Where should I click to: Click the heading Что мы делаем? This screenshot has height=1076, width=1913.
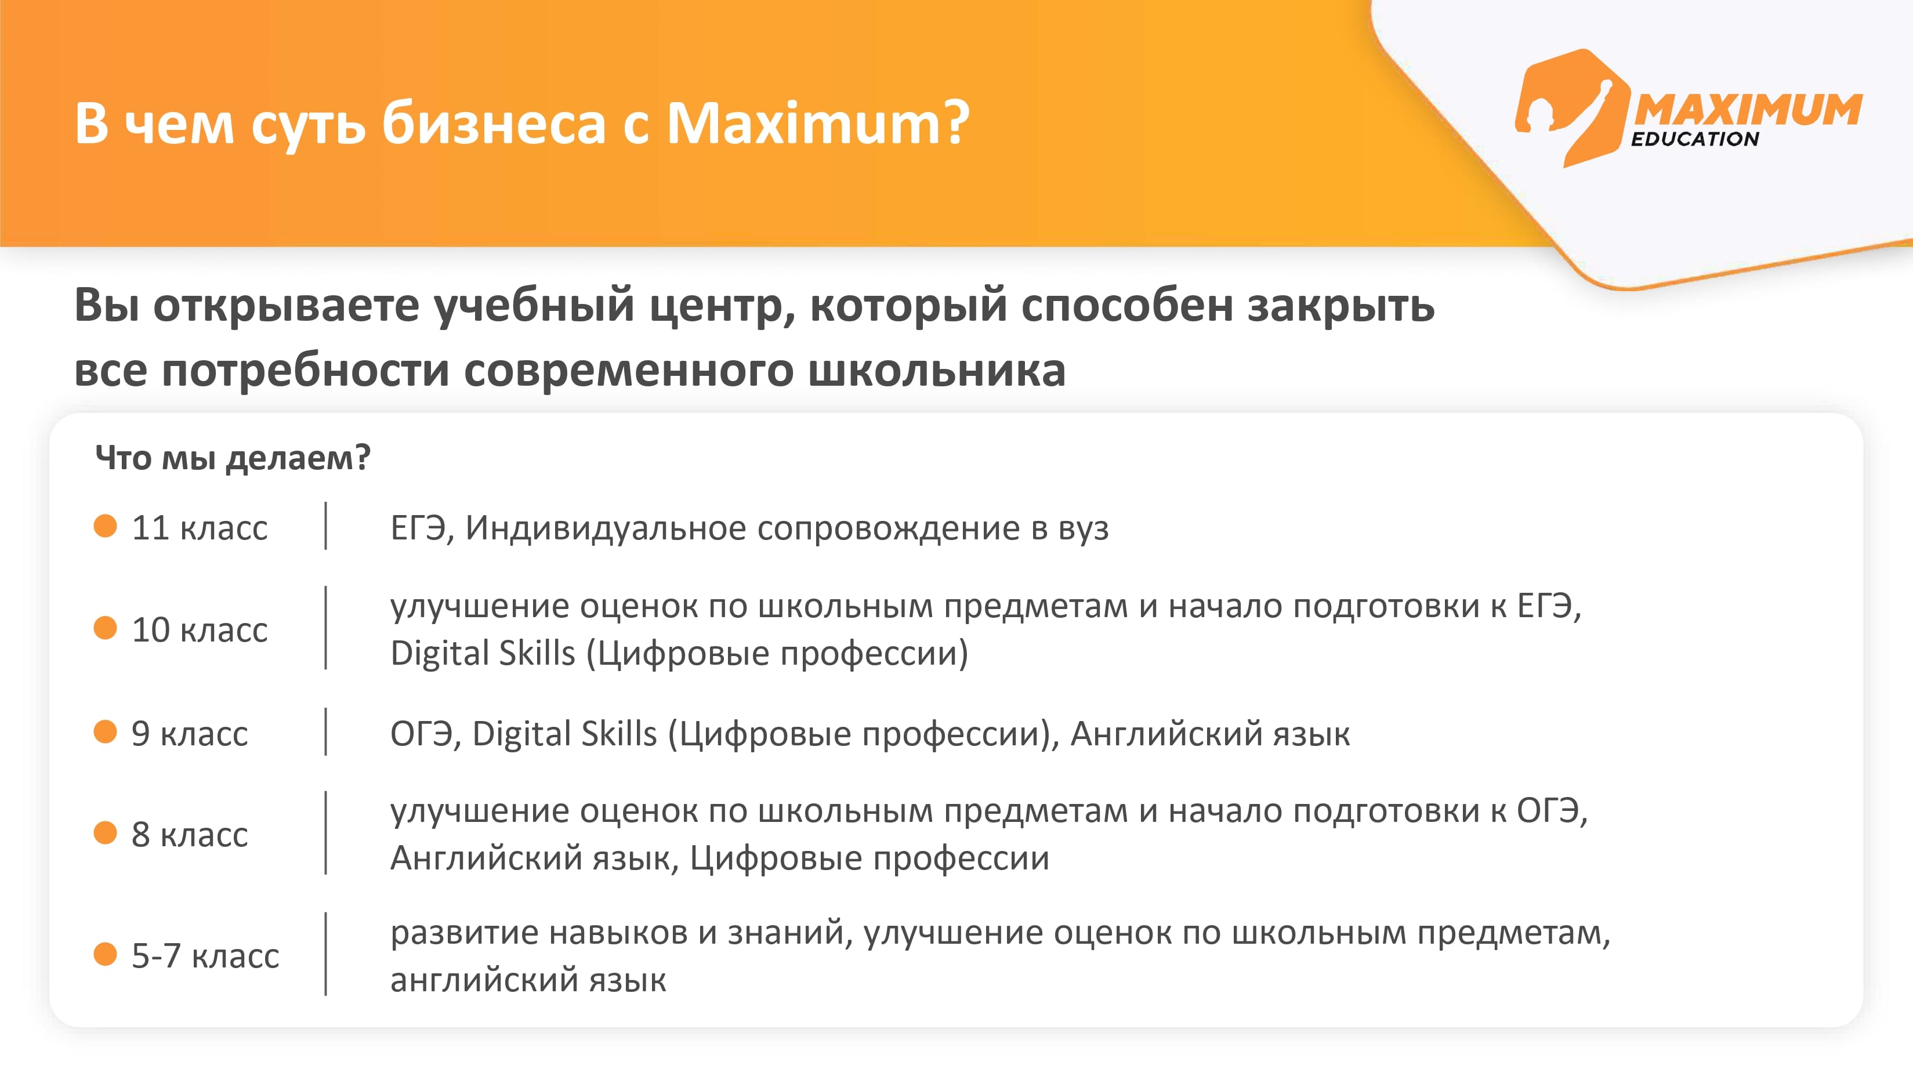[233, 458]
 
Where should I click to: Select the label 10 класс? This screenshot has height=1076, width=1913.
[199, 630]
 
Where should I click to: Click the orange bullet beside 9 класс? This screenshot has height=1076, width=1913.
[106, 731]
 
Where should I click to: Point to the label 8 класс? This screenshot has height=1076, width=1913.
[189, 835]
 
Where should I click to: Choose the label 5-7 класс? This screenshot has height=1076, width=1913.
[205, 956]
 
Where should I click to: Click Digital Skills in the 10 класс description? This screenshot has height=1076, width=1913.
[483, 654]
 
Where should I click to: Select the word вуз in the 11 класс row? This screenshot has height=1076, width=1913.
[1083, 528]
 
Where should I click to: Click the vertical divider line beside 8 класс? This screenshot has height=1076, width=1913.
[326, 832]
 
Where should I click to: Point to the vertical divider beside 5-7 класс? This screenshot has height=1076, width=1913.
[326, 954]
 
